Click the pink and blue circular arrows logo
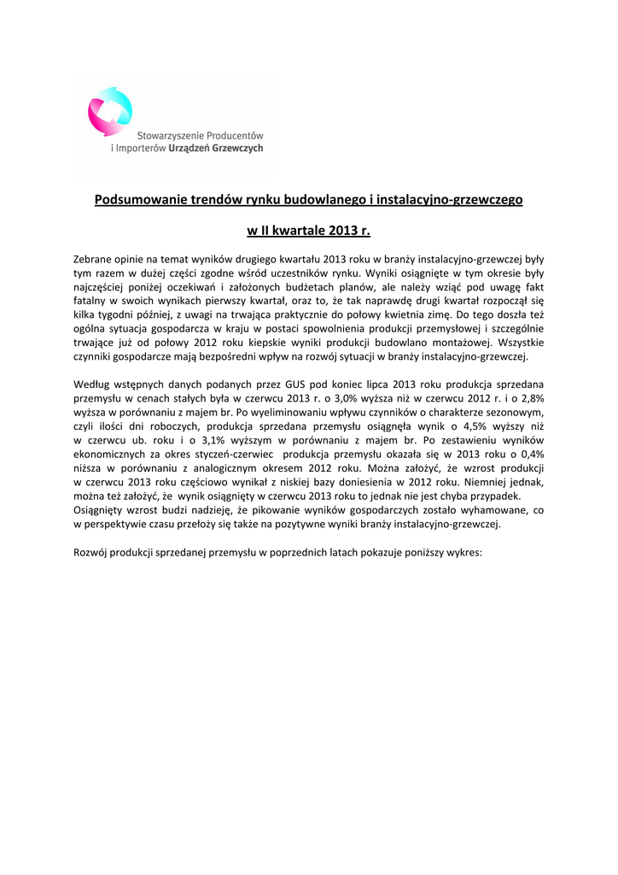pyautogui.click(x=110, y=111)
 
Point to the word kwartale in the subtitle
pyautogui.click(x=306, y=231)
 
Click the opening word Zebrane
pyautogui.click(x=95, y=258)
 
